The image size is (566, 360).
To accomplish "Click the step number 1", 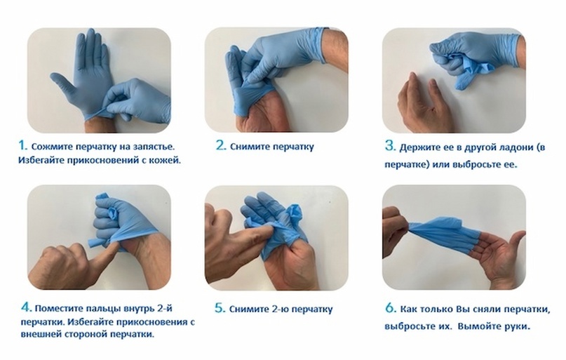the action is tap(22, 146).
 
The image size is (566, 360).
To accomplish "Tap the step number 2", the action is tap(221, 145).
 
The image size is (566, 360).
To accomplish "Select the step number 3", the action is tap(390, 146).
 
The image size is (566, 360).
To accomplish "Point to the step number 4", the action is tap(27, 307).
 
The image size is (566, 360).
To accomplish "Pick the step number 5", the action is tap(220, 308).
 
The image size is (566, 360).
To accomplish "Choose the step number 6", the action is tap(391, 308).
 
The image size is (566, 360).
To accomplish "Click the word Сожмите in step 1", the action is tap(52, 147).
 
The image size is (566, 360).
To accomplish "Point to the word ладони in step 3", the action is tap(514, 147).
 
